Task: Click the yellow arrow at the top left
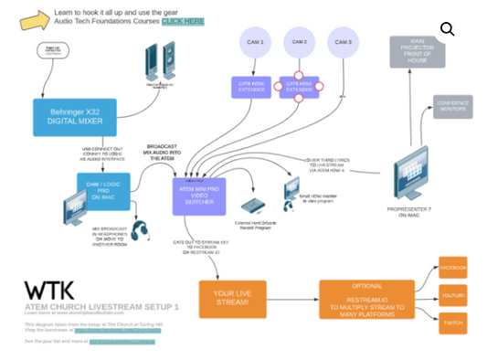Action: [35, 19]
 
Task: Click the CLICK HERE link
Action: [183, 21]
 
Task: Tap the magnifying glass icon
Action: [447, 29]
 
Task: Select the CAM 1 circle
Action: [254, 43]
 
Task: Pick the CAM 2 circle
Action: [299, 42]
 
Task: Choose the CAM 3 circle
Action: [343, 43]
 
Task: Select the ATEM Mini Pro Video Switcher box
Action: [198, 196]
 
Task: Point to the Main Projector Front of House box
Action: [417, 51]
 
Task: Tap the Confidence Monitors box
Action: [452, 107]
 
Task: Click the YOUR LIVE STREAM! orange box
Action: [232, 299]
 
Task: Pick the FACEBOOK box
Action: [452, 268]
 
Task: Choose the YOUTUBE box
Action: [452, 295]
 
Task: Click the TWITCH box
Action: [452, 323]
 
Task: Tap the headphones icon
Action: [140, 230]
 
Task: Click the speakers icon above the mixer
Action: [160, 62]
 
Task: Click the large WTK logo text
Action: [50, 291]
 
